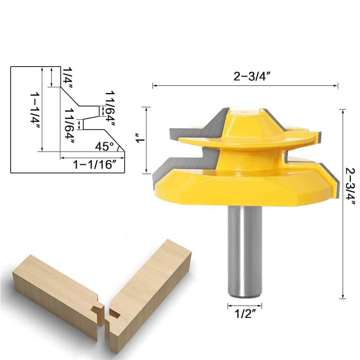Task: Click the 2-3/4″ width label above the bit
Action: (x=252, y=77)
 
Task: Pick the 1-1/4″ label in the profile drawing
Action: (x=35, y=109)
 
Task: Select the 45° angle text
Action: (x=105, y=146)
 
